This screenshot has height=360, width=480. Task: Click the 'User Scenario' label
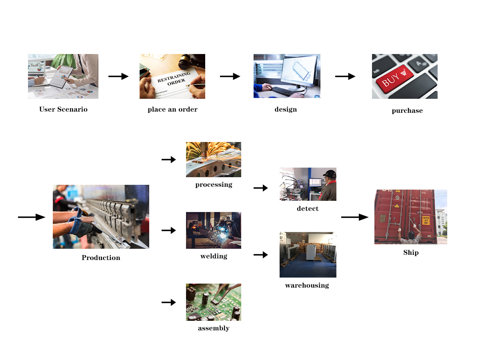point(63,109)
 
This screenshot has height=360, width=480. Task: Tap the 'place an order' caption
point(172,109)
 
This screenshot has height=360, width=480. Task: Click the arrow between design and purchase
point(345,76)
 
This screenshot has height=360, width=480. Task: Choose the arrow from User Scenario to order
point(118,76)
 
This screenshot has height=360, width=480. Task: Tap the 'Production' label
point(101,258)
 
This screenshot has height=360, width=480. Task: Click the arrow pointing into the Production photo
point(32,217)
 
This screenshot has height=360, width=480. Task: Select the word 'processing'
point(214,185)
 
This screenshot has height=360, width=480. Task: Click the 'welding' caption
point(214,256)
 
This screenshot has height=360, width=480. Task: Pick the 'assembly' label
point(214,328)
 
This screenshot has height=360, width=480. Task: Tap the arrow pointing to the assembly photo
point(169,302)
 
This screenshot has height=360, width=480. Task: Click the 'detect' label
point(308,208)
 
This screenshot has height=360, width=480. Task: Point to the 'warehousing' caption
point(307,286)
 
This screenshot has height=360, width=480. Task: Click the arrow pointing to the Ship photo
point(354,217)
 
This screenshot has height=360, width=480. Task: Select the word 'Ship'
point(411,253)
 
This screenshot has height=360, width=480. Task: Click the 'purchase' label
point(407,111)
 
